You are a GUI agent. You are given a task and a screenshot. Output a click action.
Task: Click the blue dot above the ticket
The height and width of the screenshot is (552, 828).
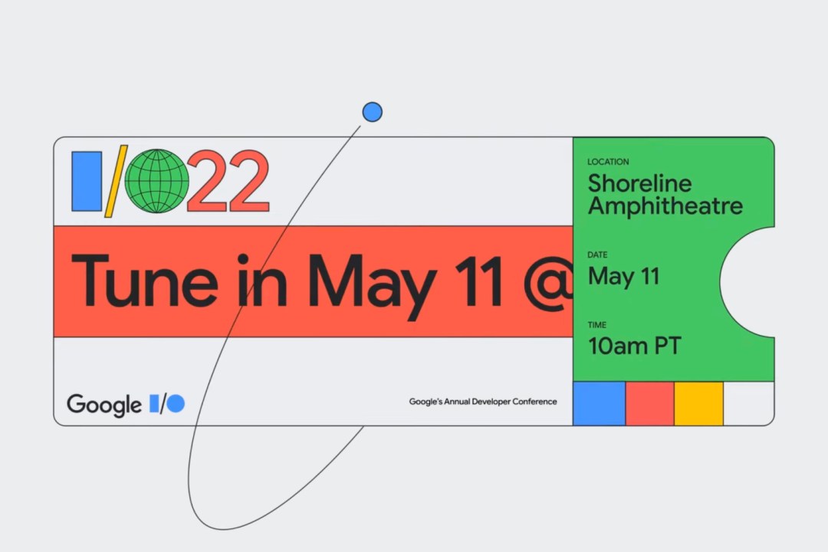tap(373, 112)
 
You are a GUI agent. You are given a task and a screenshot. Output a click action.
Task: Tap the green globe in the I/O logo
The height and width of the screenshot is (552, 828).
tap(157, 181)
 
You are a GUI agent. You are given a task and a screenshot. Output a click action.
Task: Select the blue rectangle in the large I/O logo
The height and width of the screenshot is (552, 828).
tap(87, 181)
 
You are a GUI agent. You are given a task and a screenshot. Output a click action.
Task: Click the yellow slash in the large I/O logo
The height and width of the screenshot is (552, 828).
tap(117, 181)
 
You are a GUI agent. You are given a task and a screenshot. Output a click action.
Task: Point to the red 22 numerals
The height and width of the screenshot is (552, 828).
tap(228, 181)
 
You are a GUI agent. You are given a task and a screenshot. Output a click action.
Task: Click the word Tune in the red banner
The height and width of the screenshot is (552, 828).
tap(144, 281)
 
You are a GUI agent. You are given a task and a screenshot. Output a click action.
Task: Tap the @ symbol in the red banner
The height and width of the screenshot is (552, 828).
tap(548, 283)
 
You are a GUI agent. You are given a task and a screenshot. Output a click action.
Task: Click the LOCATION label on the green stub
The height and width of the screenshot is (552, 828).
tap(608, 162)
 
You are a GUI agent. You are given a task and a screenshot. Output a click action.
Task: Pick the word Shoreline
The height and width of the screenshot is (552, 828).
tap(639, 183)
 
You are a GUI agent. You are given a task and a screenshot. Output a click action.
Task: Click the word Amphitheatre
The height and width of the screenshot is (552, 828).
tap(665, 206)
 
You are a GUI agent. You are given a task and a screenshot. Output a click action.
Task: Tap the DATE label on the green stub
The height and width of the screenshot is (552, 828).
tap(597, 255)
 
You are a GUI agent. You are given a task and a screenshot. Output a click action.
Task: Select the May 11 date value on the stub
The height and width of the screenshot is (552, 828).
tap(623, 277)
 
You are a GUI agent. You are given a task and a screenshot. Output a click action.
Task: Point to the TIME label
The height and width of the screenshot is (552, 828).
tap(596, 325)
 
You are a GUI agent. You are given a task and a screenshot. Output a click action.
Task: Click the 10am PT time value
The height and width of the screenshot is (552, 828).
tap(635, 346)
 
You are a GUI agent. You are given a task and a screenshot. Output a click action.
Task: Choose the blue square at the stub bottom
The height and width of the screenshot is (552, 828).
tap(599, 403)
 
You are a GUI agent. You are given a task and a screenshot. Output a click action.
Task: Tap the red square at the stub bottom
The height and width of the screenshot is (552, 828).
tap(649, 403)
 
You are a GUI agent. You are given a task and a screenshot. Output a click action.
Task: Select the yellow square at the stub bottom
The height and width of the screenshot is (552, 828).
tap(698, 403)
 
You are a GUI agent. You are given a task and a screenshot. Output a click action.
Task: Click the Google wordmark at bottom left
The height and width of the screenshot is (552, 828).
tap(104, 405)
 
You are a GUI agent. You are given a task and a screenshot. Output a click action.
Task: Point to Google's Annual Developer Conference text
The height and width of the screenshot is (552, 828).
tap(483, 402)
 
